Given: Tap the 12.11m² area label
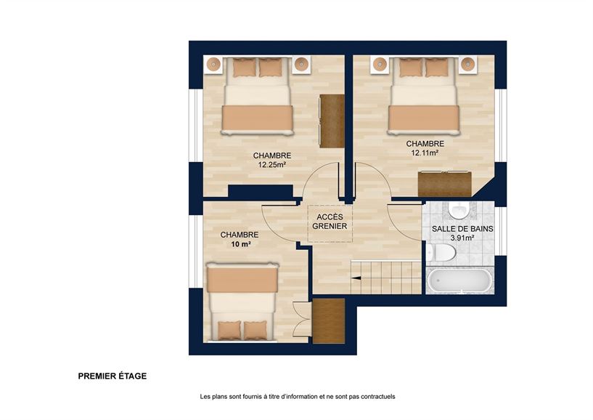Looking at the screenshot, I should (425, 153).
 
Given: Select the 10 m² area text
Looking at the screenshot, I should (240, 245).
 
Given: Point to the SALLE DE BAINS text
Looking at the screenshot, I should (462, 229).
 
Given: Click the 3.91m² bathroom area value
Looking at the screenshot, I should (462, 238).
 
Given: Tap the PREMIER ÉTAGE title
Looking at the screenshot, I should (113, 376).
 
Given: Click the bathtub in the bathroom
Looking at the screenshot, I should (459, 281).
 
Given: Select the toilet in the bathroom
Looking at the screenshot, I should (442, 252).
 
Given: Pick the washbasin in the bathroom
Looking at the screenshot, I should (459, 209).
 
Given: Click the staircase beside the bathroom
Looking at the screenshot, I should (385, 277).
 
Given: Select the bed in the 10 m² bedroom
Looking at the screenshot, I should (242, 302).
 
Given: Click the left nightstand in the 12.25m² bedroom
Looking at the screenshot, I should (213, 65).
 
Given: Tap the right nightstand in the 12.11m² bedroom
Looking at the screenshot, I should (468, 65).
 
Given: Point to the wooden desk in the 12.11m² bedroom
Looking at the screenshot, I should (443, 183).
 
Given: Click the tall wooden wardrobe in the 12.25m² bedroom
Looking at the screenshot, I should (332, 121).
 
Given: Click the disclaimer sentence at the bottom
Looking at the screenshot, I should (297, 397).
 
